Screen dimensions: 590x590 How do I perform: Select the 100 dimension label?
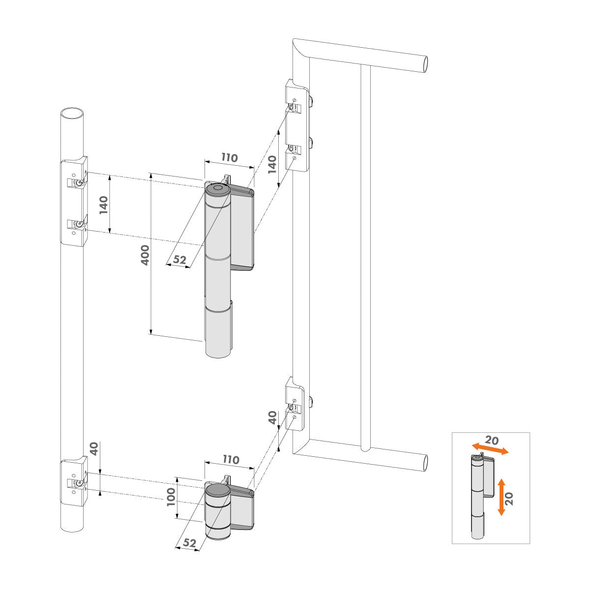pos(171,497)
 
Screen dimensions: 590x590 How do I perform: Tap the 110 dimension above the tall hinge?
pos(229,158)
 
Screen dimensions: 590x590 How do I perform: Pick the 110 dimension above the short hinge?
pos(230,460)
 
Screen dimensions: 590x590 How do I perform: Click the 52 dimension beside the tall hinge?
pos(179,260)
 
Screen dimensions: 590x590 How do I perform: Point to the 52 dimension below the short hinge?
pos(189,543)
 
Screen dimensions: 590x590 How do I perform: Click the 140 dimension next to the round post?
pos(103,205)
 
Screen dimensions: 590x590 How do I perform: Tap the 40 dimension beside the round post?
pos(94,448)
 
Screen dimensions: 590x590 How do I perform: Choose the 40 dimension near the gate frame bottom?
pos(272,418)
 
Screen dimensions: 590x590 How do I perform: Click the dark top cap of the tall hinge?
pos(216,189)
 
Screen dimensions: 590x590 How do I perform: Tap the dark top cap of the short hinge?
pos(217,490)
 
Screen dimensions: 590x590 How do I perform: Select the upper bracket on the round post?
pos(74,202)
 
